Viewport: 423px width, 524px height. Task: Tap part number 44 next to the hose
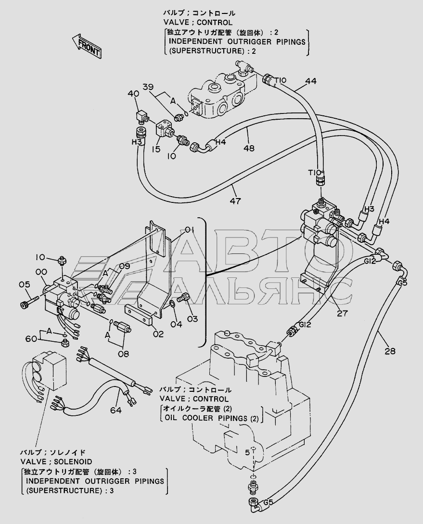tap(310, 81)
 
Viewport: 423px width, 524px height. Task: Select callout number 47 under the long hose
tap(235, 201)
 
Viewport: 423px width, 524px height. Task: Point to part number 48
tap(249, 148)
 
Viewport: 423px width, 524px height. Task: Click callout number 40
tap(133, 94)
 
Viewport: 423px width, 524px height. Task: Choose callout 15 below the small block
tap(156, 150)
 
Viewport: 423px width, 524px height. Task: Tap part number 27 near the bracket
tap(342, 313)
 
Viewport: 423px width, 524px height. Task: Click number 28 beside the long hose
tap(390, 351)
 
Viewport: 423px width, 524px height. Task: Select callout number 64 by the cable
tap(116, 410)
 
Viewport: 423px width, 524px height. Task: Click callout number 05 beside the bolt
tap(25, 285)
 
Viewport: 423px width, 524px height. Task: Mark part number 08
tap(123, 353)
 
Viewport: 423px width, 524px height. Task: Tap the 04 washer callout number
tap(176, 324)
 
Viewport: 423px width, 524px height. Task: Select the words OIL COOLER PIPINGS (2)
tap(211, 418)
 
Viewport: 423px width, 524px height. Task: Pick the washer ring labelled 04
tap(172, 304)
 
